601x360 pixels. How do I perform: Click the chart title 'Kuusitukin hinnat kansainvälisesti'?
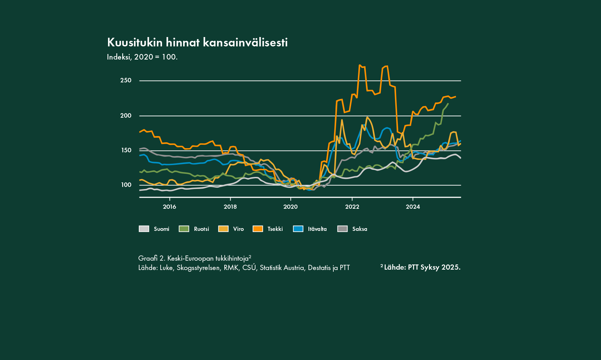197,43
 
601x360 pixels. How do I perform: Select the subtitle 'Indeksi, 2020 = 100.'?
142,57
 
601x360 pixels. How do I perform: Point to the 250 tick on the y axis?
126,80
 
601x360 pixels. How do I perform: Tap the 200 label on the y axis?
126,116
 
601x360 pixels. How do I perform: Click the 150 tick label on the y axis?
126,150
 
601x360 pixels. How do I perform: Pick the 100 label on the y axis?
126,185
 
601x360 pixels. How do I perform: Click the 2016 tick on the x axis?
169,207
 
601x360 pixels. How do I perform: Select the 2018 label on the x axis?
230,207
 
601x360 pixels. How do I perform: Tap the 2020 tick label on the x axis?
290,207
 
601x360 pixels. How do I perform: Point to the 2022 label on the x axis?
352,207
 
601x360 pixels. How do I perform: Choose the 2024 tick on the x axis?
413,207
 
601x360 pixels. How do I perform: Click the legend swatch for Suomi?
144,229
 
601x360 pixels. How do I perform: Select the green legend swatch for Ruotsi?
184,229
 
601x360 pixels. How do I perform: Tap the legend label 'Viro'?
238,229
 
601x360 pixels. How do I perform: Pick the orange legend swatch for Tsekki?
258,229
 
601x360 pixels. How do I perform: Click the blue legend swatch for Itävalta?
298,229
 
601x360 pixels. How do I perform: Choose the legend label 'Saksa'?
360,229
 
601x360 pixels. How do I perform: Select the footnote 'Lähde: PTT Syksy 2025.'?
422,267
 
